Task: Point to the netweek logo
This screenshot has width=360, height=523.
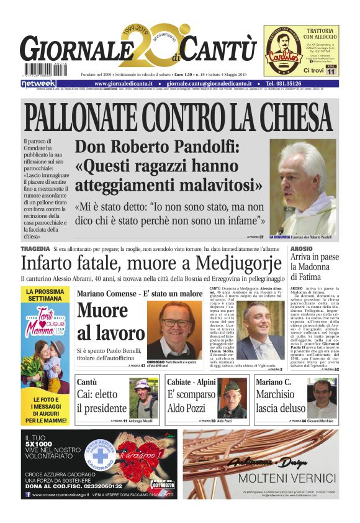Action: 38,83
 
